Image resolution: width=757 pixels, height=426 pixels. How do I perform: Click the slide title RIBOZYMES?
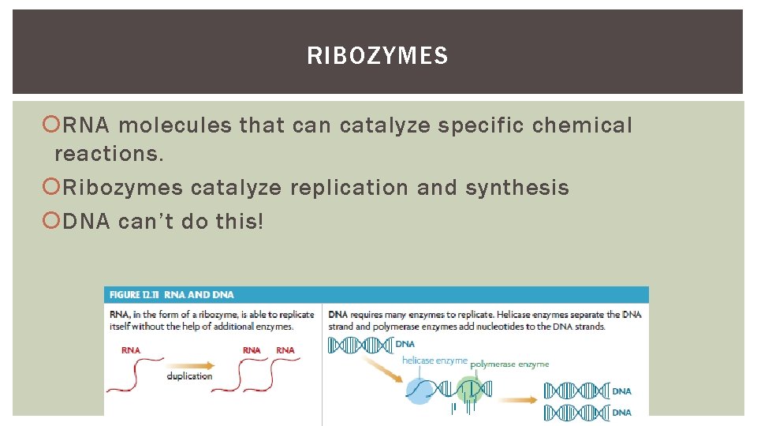tap(378, 56)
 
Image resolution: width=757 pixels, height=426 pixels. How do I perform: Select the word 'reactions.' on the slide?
tap(109, 154)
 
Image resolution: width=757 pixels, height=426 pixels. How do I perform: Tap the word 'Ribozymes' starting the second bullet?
tap(122, 188)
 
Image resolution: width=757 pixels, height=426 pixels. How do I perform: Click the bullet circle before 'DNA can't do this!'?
tap(53, 222)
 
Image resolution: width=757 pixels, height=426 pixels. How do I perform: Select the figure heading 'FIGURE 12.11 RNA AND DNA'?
tap(171, 295)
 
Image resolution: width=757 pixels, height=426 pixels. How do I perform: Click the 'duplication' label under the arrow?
tap(189, 376)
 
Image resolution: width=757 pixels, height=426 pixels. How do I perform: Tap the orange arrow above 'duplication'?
tap(189, 364)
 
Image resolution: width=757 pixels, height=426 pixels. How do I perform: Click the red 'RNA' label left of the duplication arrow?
tap(131, 349)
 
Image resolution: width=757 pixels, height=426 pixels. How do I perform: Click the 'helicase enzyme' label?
tap(434, 361)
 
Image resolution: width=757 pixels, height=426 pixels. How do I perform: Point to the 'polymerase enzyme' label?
tap(509, 364)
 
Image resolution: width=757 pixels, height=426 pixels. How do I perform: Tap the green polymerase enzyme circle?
tap(468, 388)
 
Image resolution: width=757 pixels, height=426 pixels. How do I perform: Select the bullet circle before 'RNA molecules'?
tap(53, 125)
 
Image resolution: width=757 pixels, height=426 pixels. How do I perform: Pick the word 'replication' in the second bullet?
tap(349, 188)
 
